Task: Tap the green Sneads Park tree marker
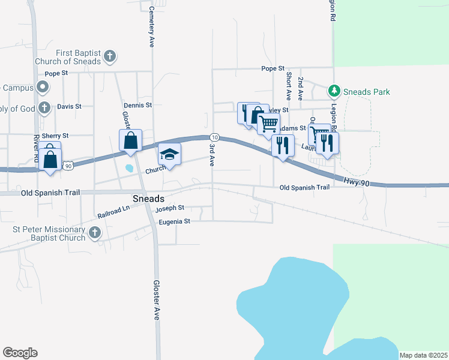pos(334,91)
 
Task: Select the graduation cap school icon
pos(169,155)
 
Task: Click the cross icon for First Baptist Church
pos(109,57)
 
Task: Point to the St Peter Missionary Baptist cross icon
pos(94,233)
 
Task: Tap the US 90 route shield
pos(68,165)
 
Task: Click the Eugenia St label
pos(174,221)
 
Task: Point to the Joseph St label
pos(169,209)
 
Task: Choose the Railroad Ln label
pos(113,211)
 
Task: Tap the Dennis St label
pos(137,105)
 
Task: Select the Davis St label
pos(69,106)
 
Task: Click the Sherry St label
pos(55,136)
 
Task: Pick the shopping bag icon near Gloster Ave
pos(130,141)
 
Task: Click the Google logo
pos(20,353)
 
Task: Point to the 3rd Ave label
pos(211,154)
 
